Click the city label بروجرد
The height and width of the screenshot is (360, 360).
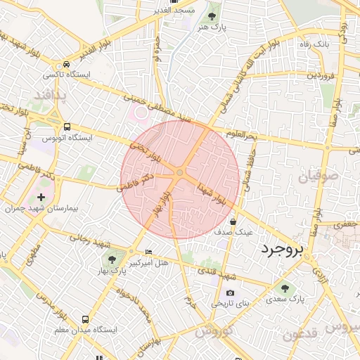click(x=285, y=250)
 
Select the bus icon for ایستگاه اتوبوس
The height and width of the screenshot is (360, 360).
click(x=67, y=127)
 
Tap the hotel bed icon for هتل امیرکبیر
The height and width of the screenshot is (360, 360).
click(x=148, y=252)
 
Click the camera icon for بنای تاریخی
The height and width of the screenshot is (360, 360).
click(x=230, y=292)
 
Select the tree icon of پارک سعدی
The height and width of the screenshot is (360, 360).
click(x=285, y=288)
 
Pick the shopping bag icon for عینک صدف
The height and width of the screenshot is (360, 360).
click(x=233, y=221)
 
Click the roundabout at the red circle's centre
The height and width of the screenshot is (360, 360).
click(x=180, y=172)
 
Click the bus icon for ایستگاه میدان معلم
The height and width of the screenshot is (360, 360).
click(x=86, y=319)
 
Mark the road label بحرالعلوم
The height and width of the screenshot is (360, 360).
click(x=242, y=133)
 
